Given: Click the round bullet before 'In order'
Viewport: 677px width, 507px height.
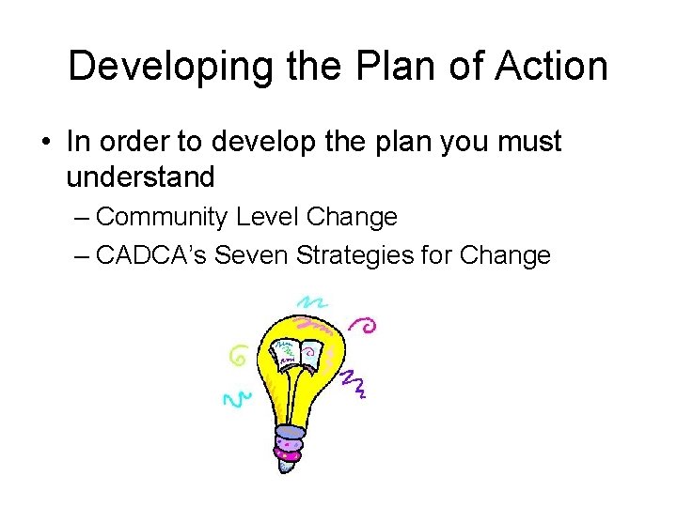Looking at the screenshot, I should click(46, 143).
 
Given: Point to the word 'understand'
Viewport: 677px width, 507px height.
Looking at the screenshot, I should click(141, 177).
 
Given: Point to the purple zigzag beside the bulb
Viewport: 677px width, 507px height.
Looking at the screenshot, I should click(353, 381).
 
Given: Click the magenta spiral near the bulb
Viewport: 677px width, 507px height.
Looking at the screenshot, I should click(364, 325).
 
